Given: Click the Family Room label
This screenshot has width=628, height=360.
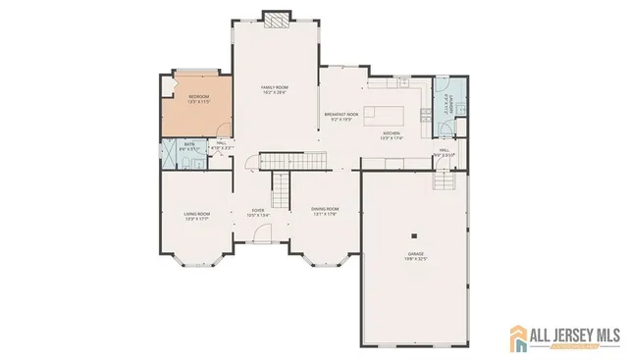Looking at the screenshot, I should pos(273,88).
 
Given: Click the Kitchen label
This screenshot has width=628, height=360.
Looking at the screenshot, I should pos(392,132).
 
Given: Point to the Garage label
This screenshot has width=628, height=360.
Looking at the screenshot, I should pos(417,252).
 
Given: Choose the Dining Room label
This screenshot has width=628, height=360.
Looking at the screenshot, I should pos(325,209).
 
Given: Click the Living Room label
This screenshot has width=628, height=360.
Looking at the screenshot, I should pos(197,214).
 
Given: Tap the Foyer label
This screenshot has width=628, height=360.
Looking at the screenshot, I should pos(258,210).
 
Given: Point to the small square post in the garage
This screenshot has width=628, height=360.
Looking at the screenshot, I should pos(415,235).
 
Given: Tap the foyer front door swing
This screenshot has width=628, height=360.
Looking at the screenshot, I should pos(260,233).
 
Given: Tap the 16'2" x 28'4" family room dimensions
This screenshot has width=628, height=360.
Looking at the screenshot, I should pos(273,93).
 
